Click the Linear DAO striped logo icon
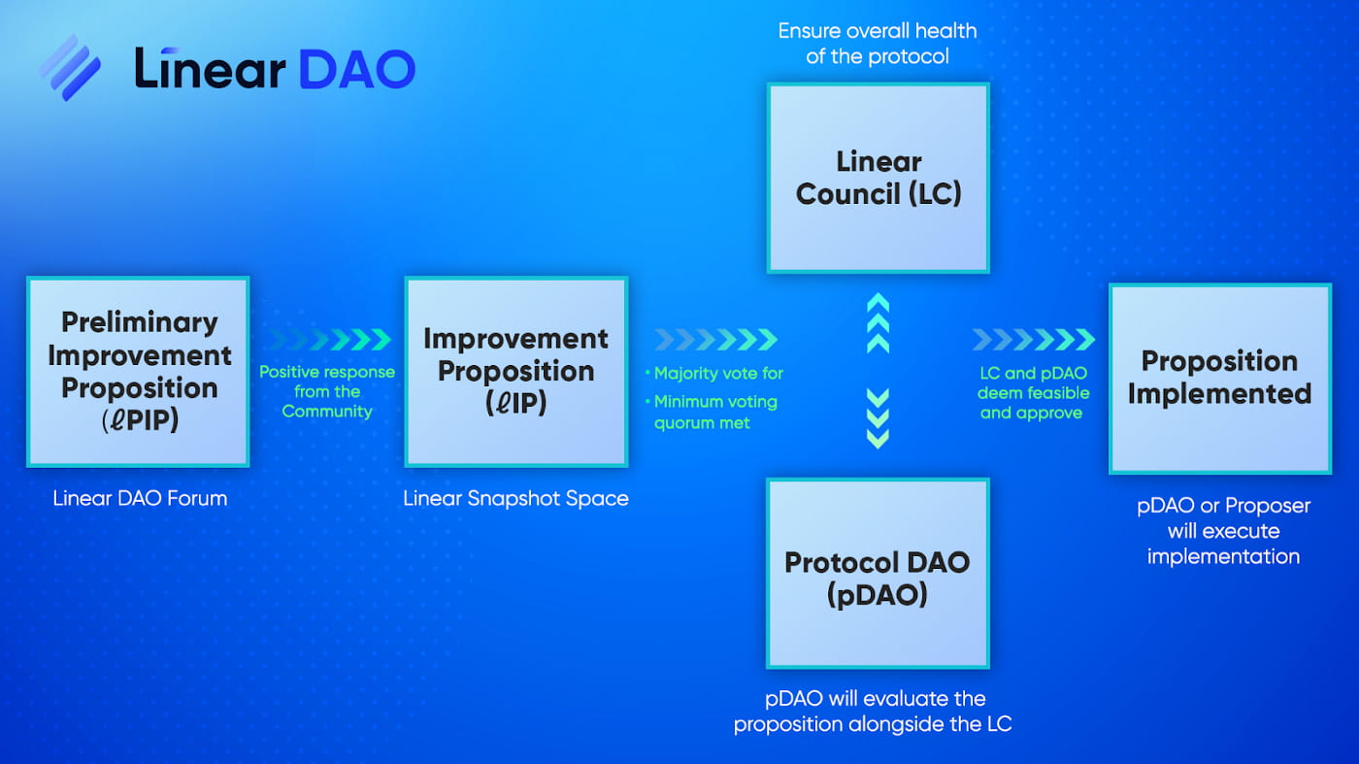click(x=70, y=68)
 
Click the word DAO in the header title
click(x=356, y=69)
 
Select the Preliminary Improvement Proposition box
click(x=139, y=371)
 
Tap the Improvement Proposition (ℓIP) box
click(x=515, y=371)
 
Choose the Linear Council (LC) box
click(x=878, y=178)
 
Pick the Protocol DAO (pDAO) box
click(x=878, y=573)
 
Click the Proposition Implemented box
click(x=1219, y=378)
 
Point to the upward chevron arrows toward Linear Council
click(x=878, y=323)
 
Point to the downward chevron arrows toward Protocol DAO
click(x=878, y=417)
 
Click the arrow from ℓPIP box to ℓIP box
click(x=327, y=340)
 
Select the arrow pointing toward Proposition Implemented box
click(x=1034, y=340)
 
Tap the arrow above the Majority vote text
click(x=715, y=340)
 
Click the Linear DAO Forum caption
click(x=140, y=499)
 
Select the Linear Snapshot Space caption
click(x=515, y=499)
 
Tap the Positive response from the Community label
click(x=327, y=392)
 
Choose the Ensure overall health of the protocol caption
click(x=878, y=44)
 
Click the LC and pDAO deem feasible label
click(x=1034, y=393)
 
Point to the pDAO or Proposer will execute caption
click(x=1223, y=531)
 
